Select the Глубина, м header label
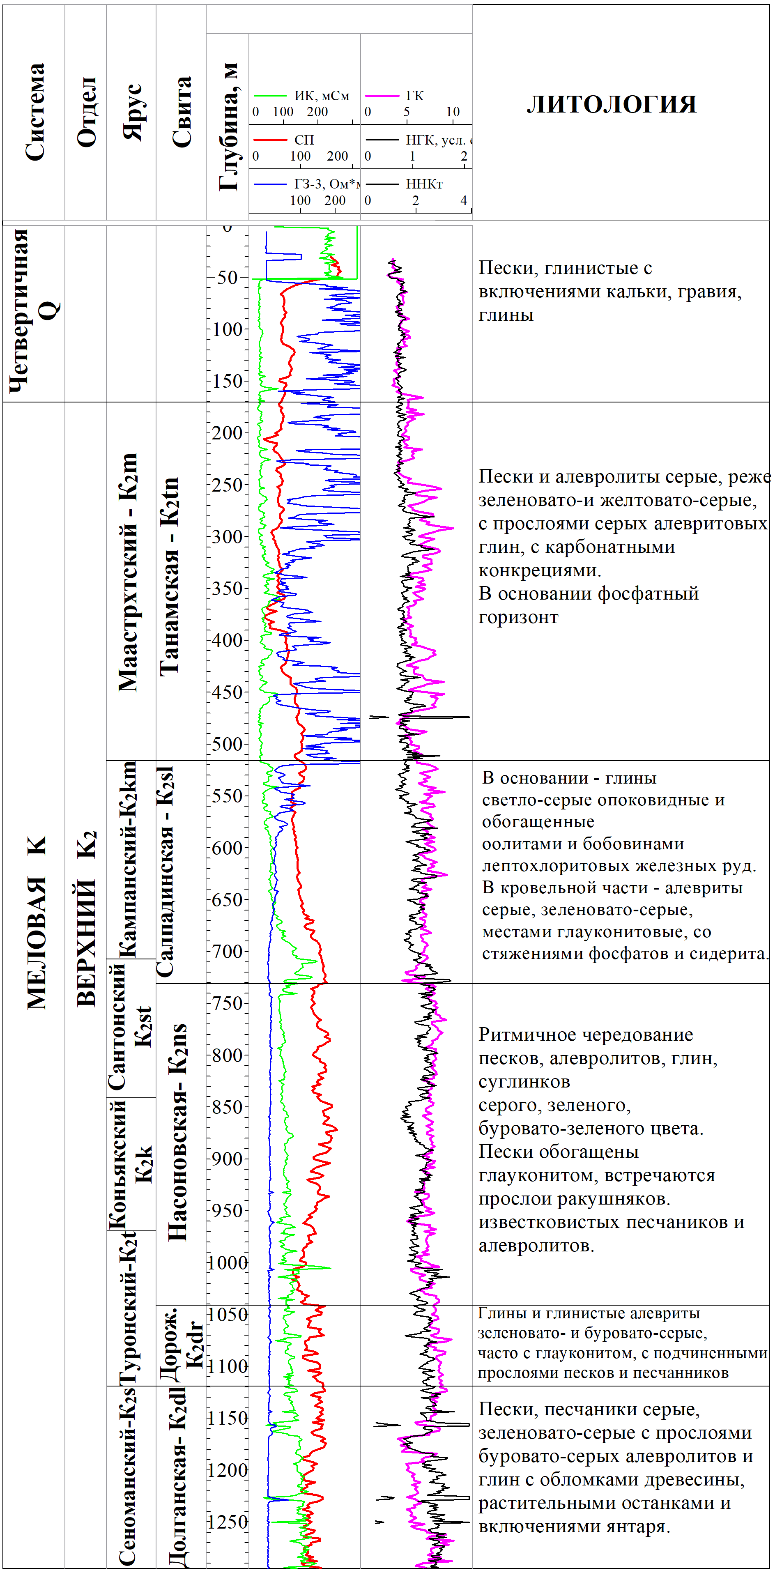click(228, 126)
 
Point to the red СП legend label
click(304, 140)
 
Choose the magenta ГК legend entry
click(414, 95)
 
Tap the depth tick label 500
click(228, 744)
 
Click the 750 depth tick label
click(228, 1003)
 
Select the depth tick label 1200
click(228, 1470)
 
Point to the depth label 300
click(228, 537)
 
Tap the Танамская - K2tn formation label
click(169, 576)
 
